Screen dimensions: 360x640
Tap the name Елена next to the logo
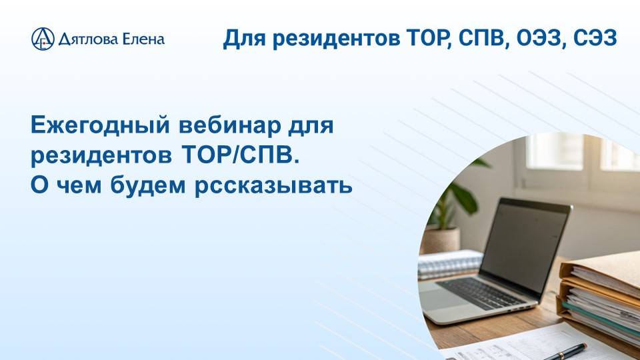click(x=143, y=39)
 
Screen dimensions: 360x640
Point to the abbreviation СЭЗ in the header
click(x=595, y=38)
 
